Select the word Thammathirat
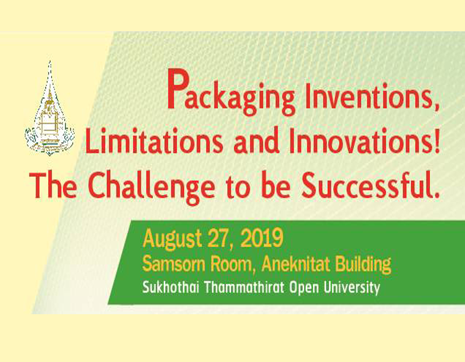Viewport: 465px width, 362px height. click(x=244, y=287)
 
